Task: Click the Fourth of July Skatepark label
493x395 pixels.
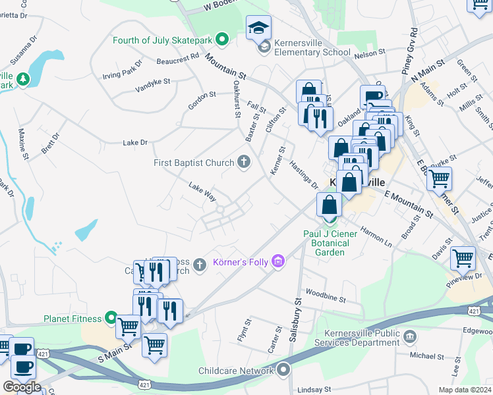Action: pos(162,40)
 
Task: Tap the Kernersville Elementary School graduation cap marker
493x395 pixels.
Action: pos(258,28)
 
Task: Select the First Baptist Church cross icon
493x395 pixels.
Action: pos(244,163)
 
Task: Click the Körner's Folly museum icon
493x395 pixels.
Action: pos(278,263)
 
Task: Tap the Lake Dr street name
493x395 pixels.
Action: pos(135,142)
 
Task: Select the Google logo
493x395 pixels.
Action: pos(22,387)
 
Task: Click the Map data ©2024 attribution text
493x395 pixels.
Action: pos(465,390)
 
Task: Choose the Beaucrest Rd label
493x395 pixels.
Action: pos(178,59)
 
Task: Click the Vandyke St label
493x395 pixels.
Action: pos(153,85)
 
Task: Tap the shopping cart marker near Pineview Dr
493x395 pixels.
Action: pos(463,259)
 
